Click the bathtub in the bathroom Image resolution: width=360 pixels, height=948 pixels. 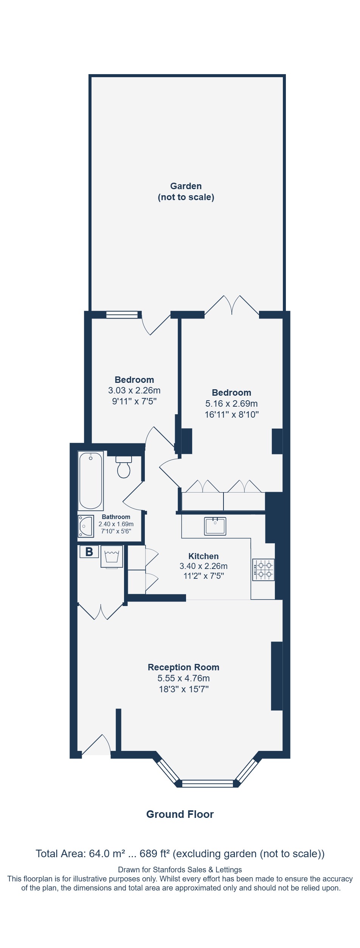(91, 480)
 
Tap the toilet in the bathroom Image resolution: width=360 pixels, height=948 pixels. (124, 466)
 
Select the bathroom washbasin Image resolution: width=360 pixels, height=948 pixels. (86, 526)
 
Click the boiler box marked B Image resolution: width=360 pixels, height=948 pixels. (89, 552)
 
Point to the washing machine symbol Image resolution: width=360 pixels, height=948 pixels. (112, 556)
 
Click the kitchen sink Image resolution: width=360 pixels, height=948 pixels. (215, 526)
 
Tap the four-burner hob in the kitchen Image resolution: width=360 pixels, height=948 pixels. (264, 570)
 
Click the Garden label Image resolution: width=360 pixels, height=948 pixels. (186, 186)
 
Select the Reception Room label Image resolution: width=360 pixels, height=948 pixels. (183, 667)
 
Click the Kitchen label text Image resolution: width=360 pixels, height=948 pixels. (203, 556)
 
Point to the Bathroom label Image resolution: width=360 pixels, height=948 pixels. (116, 517)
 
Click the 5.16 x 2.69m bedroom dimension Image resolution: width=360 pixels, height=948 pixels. (231, 404)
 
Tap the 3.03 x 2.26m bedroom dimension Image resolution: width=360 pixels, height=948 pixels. (134, 390)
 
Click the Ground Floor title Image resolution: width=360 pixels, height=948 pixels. (180, 814)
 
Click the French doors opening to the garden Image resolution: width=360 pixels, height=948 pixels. (232, 305)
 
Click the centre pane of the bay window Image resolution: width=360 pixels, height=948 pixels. (208, 783)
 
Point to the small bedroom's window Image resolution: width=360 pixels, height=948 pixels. (122, 315)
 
